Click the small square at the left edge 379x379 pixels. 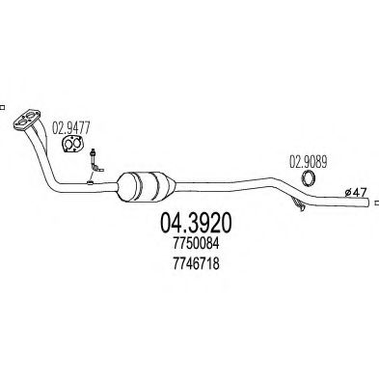click(x=3, y=108)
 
